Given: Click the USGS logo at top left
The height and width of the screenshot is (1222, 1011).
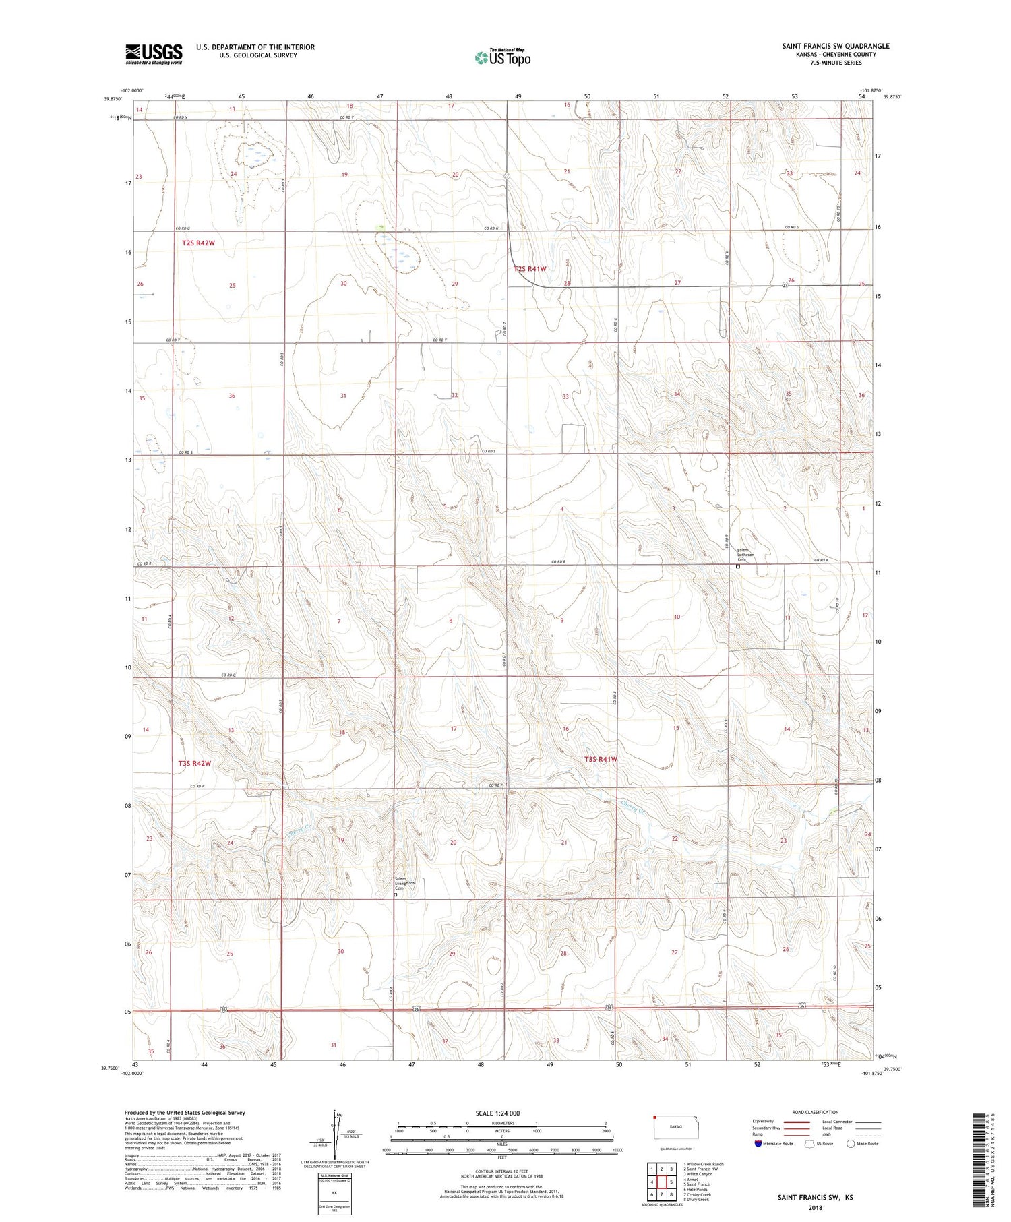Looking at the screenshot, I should coord(154,54).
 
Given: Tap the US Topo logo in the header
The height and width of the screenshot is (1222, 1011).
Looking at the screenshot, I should coord(502,58).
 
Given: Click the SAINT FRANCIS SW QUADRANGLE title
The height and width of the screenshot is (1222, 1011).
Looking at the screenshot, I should coord(835,46).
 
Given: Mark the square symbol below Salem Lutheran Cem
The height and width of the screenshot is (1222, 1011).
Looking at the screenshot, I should coord(738,567).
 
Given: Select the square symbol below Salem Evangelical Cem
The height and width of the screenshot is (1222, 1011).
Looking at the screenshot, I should coord(395,895).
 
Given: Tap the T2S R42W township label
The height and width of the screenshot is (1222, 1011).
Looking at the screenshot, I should coord(198,243).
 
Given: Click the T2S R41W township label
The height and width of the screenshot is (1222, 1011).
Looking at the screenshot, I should coord(530,269).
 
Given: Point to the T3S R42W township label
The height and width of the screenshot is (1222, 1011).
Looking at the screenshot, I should coord(195,764).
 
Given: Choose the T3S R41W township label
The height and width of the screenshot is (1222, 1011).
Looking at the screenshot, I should coord(601,759).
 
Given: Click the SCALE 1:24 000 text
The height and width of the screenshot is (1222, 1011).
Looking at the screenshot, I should coord(497,1113).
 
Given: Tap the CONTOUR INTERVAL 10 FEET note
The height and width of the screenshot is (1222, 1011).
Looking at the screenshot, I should coord(501,1172).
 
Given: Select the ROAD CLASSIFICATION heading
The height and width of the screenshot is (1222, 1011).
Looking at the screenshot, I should coord(815,1112).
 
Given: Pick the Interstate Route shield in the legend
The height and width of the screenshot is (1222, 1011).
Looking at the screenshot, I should coord(758,1144).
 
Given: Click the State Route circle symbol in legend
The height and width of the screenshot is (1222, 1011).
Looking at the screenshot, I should coord(851,1144).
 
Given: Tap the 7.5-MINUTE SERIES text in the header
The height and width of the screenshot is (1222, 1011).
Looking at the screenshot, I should coord(836,63).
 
